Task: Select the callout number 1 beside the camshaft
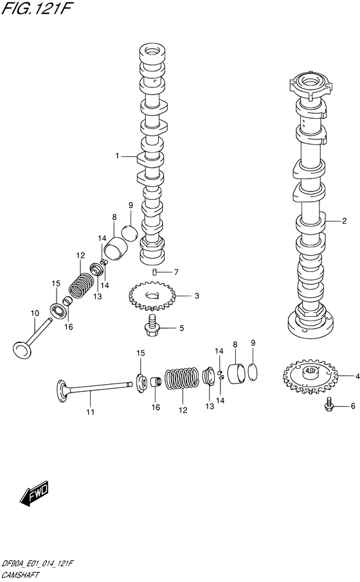(118, 155)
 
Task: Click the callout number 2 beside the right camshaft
(344, 222)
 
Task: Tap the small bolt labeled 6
(330, 405)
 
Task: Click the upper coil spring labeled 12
(81, 284)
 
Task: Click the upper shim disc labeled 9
(129, 233)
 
